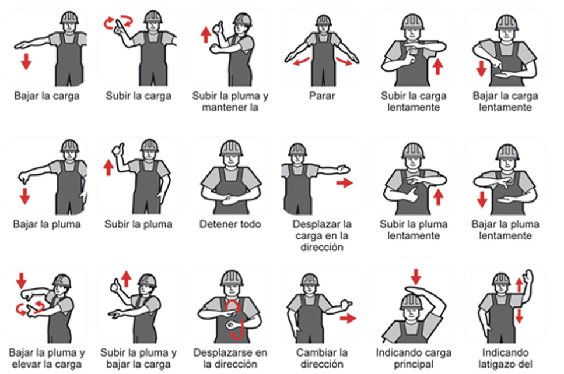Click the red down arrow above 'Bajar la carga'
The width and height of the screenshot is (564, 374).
point(26,61)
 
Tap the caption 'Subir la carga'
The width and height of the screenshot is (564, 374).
point(138,96)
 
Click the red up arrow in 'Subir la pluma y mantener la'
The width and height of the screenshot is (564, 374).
point(206,35)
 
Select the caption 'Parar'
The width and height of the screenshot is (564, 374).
point(322,96)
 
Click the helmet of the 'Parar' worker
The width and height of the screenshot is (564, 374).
point(323,20)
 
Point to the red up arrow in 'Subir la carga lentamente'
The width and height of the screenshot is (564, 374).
point(437,66)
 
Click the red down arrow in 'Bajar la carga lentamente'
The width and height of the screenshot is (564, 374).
point(481,69)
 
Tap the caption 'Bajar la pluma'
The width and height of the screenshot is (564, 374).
point(47,224)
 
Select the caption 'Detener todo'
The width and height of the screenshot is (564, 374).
point(230,224)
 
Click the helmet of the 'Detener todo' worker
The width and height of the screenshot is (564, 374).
point(231,147)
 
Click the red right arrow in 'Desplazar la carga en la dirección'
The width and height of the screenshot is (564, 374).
point(345,183)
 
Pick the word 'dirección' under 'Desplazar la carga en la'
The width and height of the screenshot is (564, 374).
point(322,247)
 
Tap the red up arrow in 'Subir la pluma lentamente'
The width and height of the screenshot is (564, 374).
point(438,197)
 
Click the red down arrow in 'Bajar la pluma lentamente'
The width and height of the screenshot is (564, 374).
point(482,199)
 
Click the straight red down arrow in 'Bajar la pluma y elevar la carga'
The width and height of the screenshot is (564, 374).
point(22,281)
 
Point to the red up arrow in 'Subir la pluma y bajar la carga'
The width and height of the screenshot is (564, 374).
point(126,279)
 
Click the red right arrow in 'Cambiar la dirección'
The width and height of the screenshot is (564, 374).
point(348,318)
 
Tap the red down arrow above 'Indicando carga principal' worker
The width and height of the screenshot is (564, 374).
point(416,277)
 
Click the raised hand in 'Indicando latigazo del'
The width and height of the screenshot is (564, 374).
point(528,277)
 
